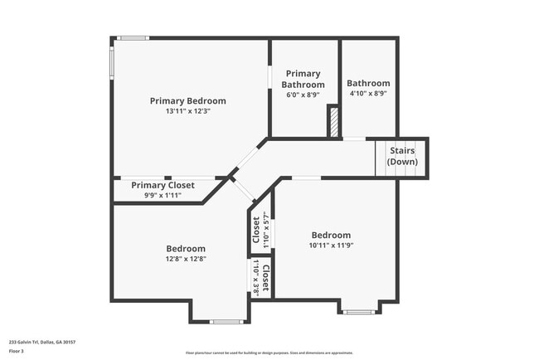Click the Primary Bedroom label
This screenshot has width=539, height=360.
click(187, 101)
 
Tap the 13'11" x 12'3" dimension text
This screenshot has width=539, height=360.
click(187, 111)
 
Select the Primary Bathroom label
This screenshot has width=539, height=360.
click(303, 80)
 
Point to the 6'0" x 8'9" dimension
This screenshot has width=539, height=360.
click(303, 95)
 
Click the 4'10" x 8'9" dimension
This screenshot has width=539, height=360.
click(368, 94)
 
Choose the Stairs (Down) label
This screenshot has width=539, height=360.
click(402, 156)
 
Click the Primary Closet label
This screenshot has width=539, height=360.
click(163, 185)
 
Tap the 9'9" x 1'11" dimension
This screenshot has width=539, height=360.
click(163, 195)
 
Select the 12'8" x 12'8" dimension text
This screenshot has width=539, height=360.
click(186, 259)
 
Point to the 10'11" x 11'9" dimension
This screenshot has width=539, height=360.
click(331, 245)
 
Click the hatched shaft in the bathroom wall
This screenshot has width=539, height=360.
click(333, 121)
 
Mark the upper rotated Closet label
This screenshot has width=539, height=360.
click(256, 230)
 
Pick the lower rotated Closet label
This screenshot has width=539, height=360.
click(265, 277)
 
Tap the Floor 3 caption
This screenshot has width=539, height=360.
click(17, 351)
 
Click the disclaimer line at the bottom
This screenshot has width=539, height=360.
click(269, 353)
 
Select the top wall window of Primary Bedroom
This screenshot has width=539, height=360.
click(132, 37)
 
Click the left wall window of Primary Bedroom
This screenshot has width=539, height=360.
click(112, 62)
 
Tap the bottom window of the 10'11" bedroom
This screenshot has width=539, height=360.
click(359, 312)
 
